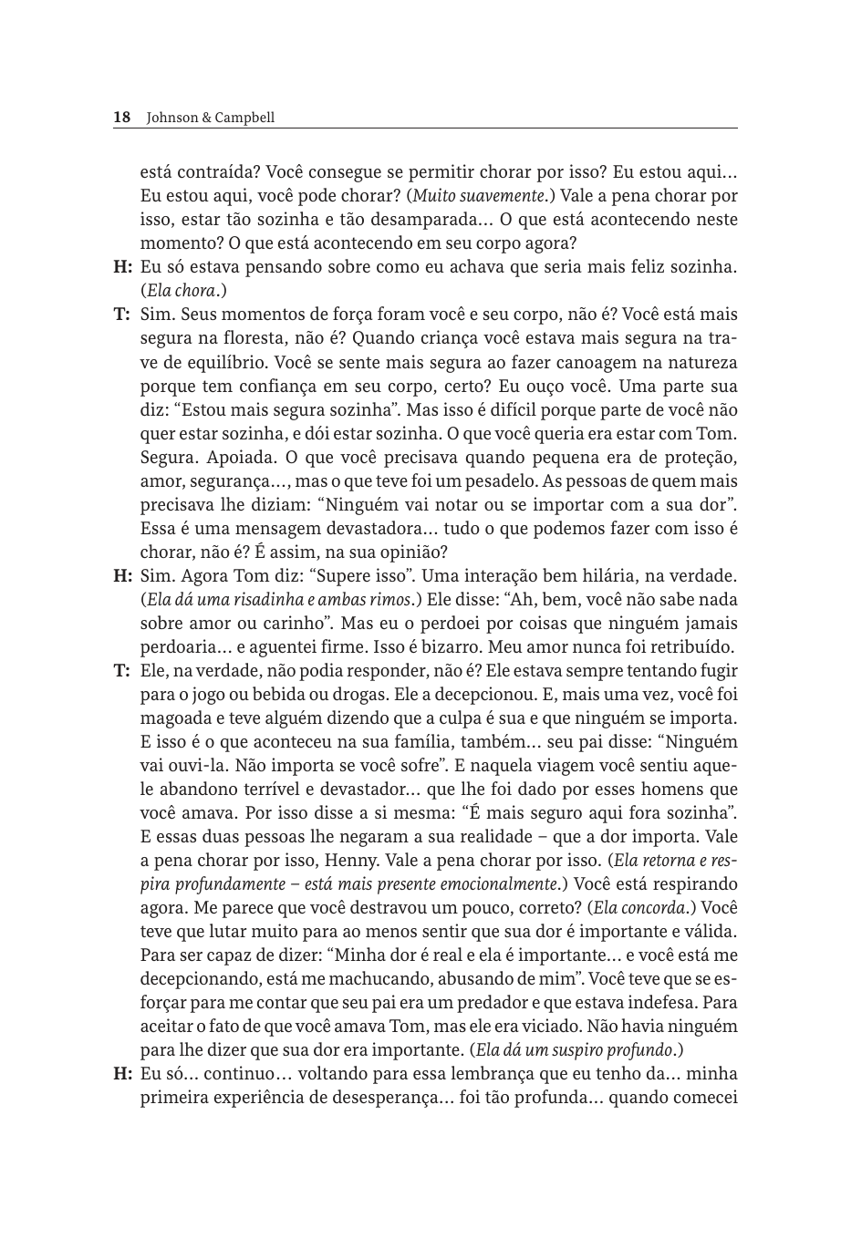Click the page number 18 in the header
click(x=121, y=118)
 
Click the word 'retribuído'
click(x=690, y=647)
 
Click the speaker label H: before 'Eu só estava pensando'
click(x=123, y=267)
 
